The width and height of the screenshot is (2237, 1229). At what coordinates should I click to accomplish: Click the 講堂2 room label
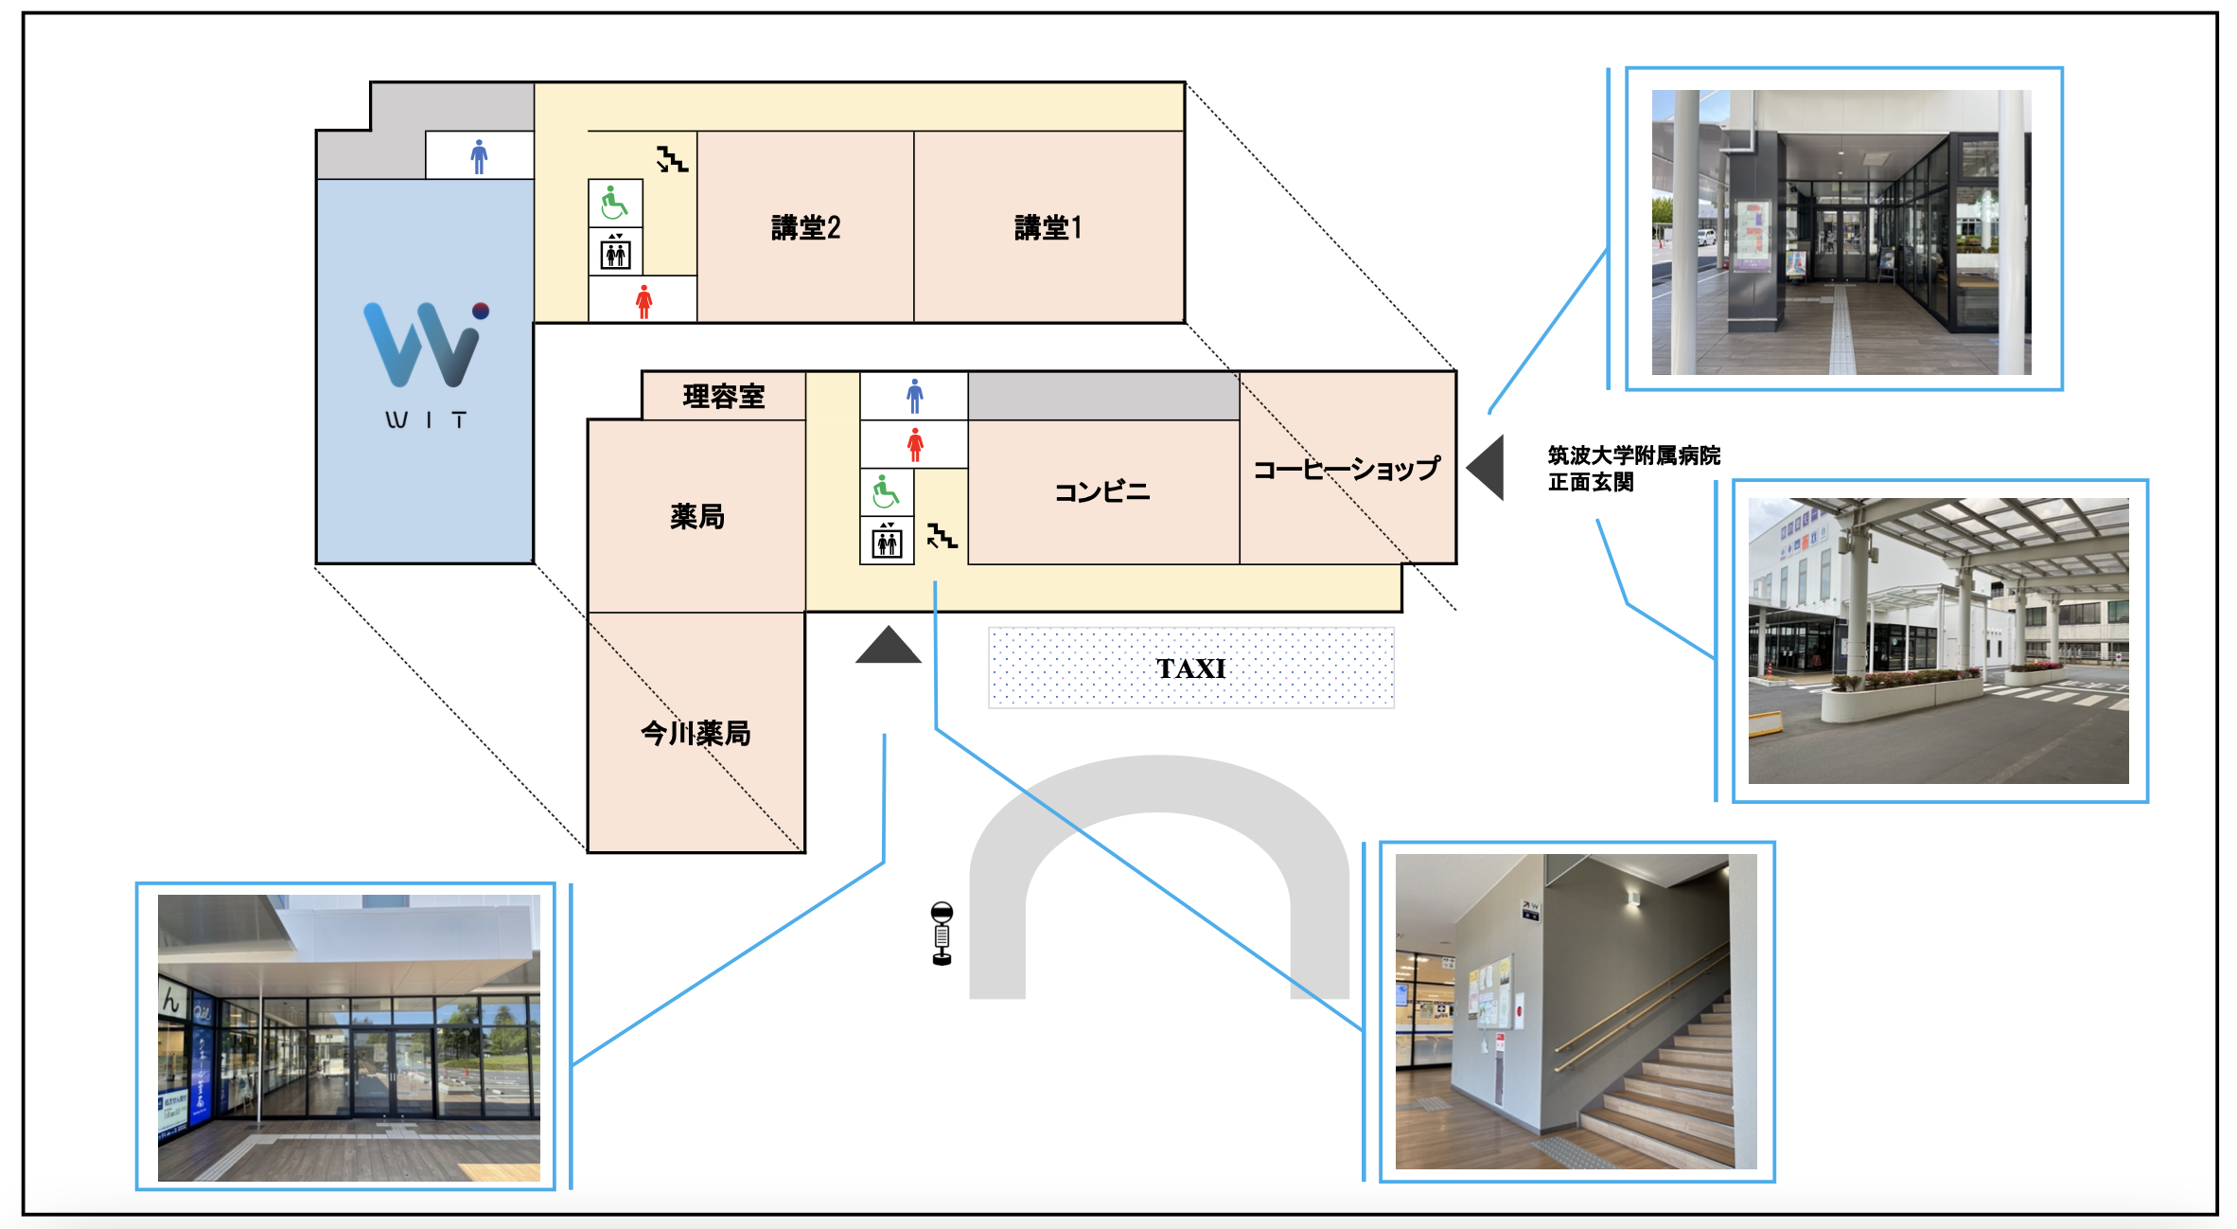tap(805, 228)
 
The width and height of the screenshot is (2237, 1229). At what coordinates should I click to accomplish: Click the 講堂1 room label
tap(1048, 228)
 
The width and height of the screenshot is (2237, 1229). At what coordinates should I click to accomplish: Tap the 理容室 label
tap(724, 396)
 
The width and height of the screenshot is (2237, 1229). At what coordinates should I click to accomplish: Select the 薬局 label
tap(697, 516)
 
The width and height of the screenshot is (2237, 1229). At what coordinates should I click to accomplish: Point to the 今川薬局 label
tap(696, 733)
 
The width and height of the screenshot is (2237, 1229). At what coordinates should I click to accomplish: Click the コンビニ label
tap(1102, 492)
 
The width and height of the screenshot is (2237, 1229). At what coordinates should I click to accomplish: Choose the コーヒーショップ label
tap(1346, 469)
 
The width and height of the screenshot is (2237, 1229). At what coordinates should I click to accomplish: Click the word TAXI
tap(1190, 668)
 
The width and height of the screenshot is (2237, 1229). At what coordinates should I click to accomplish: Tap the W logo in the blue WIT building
tap(425, 345)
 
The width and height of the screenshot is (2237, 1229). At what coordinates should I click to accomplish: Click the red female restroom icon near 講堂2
tap(644, 301)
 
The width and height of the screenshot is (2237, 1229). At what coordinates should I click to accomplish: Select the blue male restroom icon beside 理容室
tap(914, 396)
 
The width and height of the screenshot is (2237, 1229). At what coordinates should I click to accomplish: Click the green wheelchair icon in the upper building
tap(614, 203)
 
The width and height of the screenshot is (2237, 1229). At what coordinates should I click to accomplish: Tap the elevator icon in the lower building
tap(887, 542)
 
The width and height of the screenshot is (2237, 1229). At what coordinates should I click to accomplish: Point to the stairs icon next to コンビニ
tap(942, 536)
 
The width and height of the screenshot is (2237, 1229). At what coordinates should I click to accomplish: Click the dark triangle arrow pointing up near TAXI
tap(888, 648)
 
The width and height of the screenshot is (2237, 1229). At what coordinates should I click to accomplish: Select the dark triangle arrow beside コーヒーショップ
tap(1488, 467)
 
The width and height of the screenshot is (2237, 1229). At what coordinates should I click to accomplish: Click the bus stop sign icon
tap(942, 934)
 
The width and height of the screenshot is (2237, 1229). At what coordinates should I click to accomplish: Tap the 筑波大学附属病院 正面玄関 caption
tap(1633, 469)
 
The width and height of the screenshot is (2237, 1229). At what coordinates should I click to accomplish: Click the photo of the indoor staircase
tap(1576, 1011)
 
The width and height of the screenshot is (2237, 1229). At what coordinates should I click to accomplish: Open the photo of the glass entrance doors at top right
tap(1841, 232)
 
